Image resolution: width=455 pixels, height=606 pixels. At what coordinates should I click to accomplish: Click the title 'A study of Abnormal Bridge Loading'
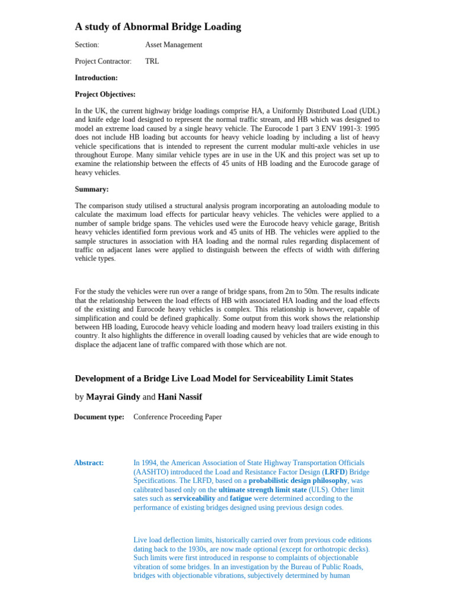(158, 27)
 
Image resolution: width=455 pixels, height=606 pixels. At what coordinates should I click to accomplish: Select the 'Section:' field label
(87, 45)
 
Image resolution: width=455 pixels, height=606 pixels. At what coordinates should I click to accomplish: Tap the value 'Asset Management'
(174, 45)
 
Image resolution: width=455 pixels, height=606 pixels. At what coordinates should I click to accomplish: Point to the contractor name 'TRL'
(152, 61)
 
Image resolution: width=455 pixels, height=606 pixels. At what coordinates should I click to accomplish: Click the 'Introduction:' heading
(96, 78)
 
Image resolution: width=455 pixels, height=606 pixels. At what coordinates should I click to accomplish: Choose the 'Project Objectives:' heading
(105, 94)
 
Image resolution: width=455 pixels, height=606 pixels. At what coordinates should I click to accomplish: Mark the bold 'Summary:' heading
(92, 189)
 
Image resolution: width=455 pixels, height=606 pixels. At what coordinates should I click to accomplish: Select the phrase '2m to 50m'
(302, 291)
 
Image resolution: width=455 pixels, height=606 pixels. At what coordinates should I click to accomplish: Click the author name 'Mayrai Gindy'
(113, 397)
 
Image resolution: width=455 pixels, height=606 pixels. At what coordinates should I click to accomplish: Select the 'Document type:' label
(99, 417)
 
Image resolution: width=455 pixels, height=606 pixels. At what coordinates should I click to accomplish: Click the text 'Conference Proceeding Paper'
(178, 417)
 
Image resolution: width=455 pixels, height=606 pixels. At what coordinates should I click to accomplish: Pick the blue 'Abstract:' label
(89, 463)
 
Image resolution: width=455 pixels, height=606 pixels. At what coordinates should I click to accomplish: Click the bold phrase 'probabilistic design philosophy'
(297, 481)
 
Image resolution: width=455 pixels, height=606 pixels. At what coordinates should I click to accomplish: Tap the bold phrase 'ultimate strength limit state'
(262, 489)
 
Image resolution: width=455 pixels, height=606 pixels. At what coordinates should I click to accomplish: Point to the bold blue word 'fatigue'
(241, 498)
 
